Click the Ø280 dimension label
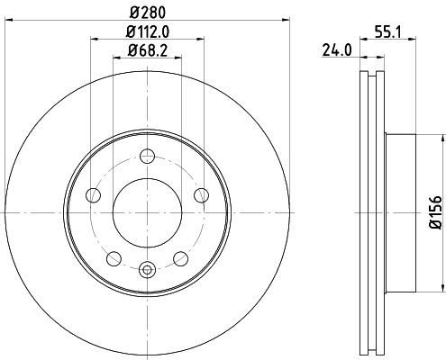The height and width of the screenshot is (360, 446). click(x=148, y=11)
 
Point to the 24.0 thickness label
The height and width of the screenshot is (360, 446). click(x=336, y=51)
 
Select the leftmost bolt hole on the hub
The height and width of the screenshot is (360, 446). click(x=92, y=197)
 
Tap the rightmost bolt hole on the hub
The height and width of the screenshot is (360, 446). click(x=203, y=197)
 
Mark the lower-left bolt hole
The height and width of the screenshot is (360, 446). click(x=114, y=259)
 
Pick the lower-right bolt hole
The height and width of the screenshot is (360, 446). click(x=182, y=259)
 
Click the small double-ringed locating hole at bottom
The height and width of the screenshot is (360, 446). click(x=148, y=266)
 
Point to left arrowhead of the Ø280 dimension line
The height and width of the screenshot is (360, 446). click(x=7, y=18)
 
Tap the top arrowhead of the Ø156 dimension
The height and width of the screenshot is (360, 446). click(x=441, y=138)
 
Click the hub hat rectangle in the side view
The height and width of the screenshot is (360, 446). click(x=401, y=212)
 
